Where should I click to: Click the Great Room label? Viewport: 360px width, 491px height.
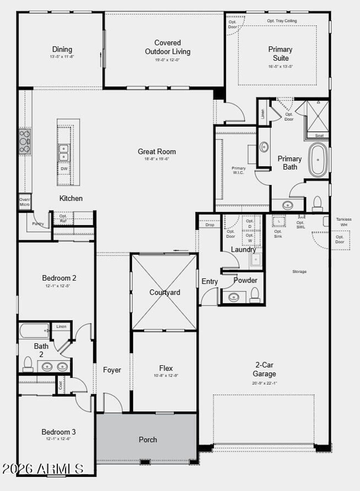(157, 152)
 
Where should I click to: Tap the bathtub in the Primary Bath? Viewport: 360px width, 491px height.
(318, 160)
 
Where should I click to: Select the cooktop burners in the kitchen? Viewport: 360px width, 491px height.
(25, 141)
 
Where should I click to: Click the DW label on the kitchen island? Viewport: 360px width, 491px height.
(64, 169)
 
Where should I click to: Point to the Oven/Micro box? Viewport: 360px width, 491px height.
(25, 202)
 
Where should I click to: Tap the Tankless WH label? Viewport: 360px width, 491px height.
(343, 222)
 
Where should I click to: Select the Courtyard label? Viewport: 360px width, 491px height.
(165, 292)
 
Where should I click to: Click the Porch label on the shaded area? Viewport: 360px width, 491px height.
(148, 440)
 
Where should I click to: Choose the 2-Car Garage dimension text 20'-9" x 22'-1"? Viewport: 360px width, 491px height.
(264, 383)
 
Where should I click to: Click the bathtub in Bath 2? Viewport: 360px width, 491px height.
(34, 331)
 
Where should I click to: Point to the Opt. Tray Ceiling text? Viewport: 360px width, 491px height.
(282, 21)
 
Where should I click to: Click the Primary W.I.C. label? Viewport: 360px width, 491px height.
(238, 170)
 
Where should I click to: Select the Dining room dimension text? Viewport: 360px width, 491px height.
(62, 56)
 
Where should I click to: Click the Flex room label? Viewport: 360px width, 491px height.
(166, 368)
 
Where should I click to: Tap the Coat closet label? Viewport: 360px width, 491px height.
(60, 385)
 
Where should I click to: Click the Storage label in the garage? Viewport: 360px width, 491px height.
(299, 272)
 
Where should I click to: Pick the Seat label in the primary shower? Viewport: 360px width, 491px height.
(319, 135)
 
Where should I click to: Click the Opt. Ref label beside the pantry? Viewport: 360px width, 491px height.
(63, 218)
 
